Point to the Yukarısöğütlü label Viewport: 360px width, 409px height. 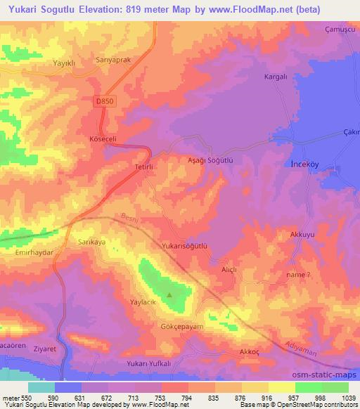point(187,247)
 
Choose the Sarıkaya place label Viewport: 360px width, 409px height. point(91,240)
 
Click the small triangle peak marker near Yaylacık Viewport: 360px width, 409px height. point(169,296)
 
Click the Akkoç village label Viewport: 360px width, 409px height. point(250,332)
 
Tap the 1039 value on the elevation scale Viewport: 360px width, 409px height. point(349,398)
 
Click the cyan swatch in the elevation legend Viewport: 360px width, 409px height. point(41,387)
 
